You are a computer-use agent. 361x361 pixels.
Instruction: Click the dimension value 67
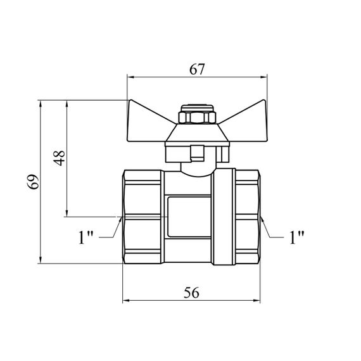point(197,69)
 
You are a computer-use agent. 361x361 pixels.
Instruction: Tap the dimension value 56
point(191,293)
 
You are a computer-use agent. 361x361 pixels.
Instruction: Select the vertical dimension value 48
point(59,158)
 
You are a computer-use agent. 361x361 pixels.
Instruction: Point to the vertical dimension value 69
point(33,182)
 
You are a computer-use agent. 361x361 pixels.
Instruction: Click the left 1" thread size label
point(85,237)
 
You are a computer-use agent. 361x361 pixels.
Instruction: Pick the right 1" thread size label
point(296,237)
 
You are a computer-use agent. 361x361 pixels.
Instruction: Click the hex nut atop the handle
point(197,117)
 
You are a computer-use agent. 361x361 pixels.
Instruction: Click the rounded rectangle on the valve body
point(189,217)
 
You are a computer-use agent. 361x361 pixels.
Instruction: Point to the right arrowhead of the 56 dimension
point(256,300)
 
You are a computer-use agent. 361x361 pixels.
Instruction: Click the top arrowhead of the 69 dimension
point(41,104)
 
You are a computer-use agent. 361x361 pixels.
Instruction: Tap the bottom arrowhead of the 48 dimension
point(66,213)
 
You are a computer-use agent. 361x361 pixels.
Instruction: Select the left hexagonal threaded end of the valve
point(143,217)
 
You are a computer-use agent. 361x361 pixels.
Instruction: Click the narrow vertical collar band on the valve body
point(224,217)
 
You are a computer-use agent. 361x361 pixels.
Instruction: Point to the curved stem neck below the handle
point(198,170)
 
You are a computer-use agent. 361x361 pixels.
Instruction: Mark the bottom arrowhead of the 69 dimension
point(41,260)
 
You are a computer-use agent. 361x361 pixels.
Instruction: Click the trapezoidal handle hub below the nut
point(198,133)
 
